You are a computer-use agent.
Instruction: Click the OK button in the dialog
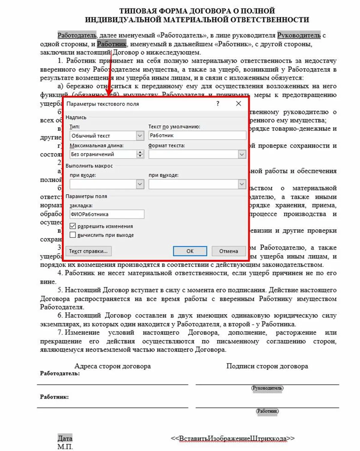(190, 251)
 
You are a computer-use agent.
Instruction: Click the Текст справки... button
(88, 251)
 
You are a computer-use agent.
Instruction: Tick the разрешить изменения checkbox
(73, 226)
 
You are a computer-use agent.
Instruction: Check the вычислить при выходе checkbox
(73, 235)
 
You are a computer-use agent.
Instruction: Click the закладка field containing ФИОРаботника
(106, 214)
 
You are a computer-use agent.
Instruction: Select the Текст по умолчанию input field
(197, 135)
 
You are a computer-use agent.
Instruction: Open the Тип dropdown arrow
(140, 136)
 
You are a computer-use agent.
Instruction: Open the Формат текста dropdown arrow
(242, 154)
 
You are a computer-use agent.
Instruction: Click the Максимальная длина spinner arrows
(140, 154)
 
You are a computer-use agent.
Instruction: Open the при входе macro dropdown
(140, 184)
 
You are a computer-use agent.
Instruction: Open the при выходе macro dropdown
(242, 184)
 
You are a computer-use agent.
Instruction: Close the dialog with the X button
(238, 104)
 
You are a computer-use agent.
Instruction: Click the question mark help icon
(218, 104)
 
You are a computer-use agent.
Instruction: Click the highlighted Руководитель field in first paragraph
(299, 35)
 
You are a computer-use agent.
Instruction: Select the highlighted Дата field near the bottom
(65, 438)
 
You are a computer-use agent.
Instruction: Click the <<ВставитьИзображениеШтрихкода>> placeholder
(233, 438)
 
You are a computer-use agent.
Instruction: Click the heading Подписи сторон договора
(267, 366)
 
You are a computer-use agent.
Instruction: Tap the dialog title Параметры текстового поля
(103, 104)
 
